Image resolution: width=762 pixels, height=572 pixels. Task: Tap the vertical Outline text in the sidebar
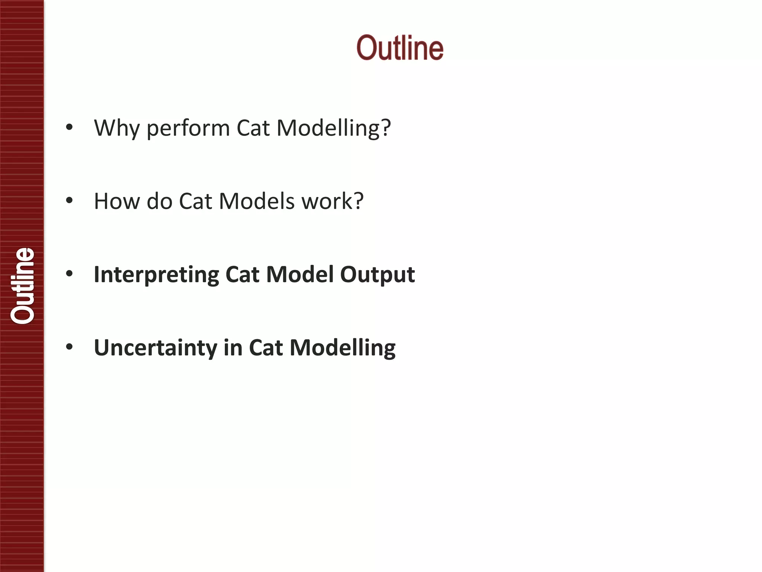click(x=22, y=286)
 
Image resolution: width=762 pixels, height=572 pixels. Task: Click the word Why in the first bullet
click(x=117, y=128)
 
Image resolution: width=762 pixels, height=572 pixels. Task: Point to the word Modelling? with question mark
click(x=334, y=128)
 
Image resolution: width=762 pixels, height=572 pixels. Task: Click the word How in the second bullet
click(x=117, y=201)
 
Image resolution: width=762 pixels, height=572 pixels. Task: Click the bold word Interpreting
click(x=156, y=275)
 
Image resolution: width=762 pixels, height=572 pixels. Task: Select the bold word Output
click(x=377, y=275)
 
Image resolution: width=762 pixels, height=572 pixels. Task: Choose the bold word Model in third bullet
click(x=300, y=275)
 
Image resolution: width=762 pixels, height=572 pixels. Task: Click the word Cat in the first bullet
click(x=253, y=128)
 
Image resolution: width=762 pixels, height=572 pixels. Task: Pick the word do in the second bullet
click(x=160, y=201)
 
